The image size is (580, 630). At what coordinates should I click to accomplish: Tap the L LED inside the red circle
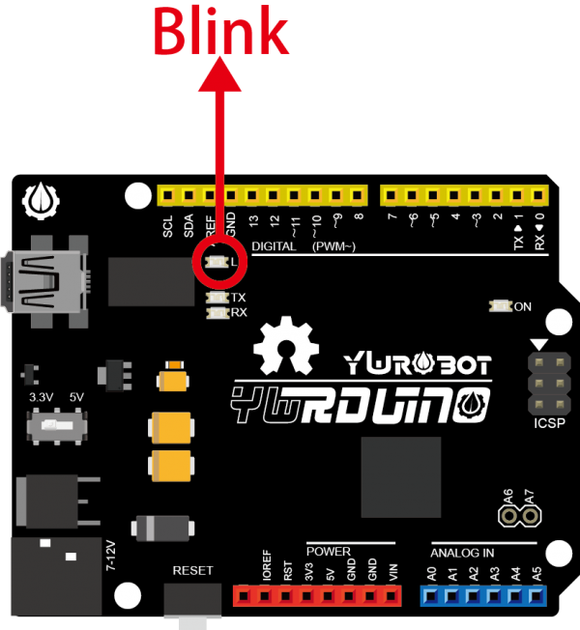(x=217, y=262)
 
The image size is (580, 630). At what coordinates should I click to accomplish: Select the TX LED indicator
(x=217, y=298)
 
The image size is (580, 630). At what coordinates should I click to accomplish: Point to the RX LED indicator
(x=217, y=312)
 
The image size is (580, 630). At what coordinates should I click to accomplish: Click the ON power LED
(x=500, y=306)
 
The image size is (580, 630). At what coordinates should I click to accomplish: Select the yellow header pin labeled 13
(x=252, y=196)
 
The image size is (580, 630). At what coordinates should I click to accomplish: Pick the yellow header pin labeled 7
(x=391, y=196)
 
